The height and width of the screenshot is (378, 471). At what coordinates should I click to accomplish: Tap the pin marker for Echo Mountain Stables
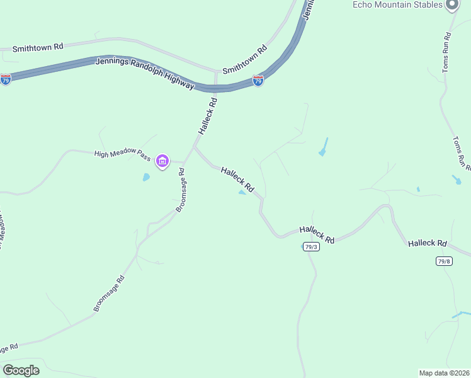point(451,5)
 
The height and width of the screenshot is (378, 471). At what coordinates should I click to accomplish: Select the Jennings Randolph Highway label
point(145,73)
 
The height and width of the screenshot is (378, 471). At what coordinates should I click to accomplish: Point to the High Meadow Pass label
point(122,154)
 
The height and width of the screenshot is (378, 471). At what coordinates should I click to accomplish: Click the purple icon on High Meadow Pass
point(162,162)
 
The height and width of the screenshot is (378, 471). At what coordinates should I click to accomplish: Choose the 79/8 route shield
point(444,261)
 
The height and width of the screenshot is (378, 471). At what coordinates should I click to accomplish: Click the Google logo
point(21,370)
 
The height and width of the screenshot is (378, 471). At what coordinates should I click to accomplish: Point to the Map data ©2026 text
point(444,372)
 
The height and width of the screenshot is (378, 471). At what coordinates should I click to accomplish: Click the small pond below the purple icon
point(146,178)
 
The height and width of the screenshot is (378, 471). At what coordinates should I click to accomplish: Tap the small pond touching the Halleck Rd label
point(242,193)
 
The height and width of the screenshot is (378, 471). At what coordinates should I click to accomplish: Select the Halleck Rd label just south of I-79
point(208,116)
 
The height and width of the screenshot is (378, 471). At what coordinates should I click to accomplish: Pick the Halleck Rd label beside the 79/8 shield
point(427,243)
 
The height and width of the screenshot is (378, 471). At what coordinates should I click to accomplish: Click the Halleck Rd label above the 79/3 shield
point(317,234)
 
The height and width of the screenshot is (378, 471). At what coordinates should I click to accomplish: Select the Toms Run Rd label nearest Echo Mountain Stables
point(447,52)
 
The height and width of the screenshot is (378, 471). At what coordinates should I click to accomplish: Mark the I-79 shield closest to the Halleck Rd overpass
point(258,81)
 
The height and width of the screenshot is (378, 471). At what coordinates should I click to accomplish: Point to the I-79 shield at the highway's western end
point(6,80)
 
